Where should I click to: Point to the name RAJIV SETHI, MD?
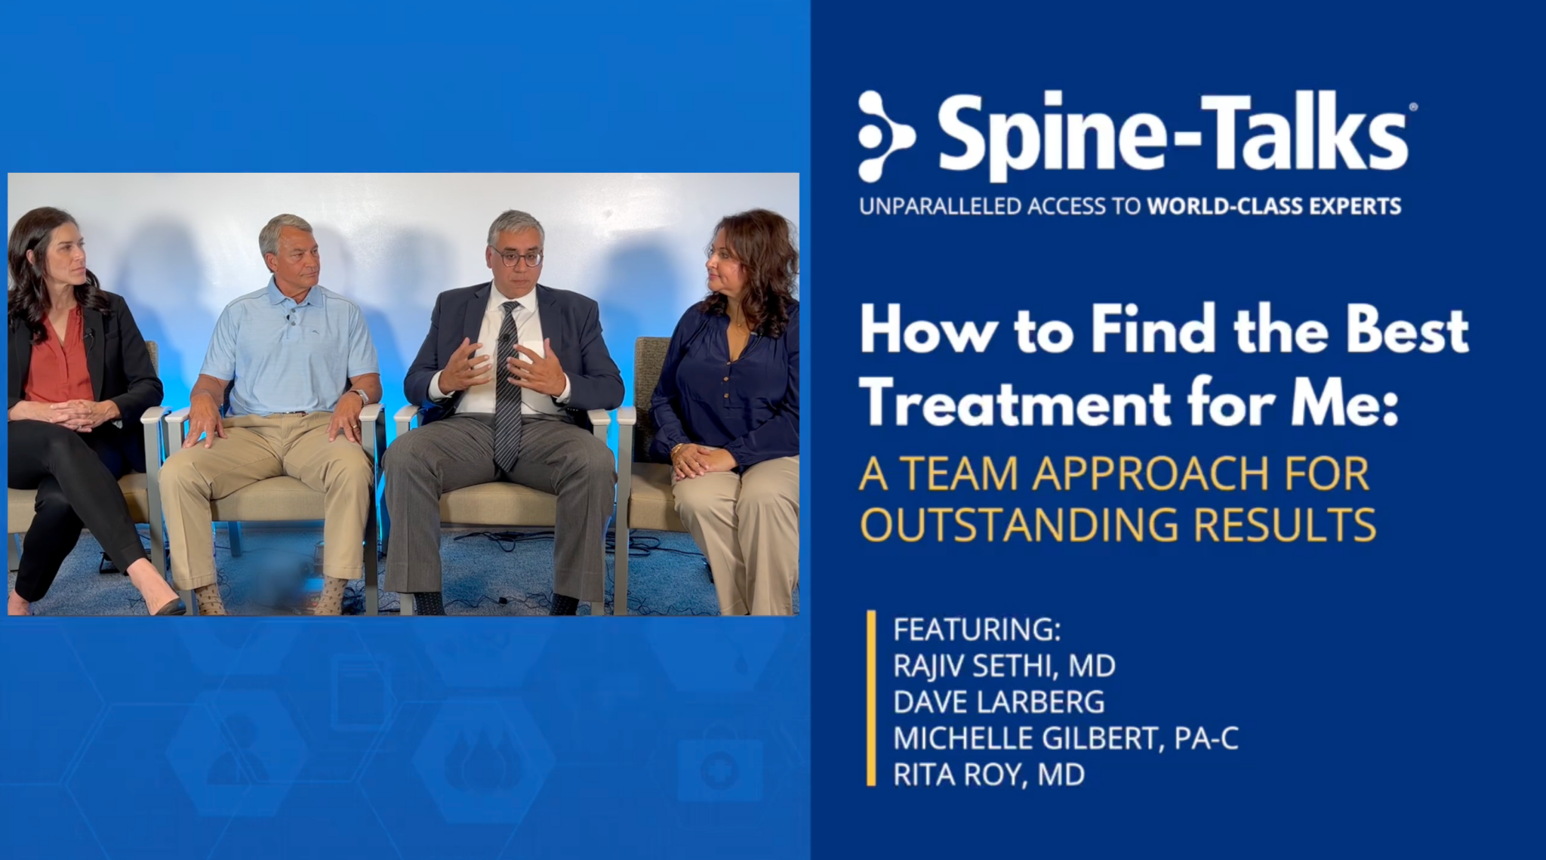[x=1004, y=666]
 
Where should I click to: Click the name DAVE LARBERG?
[x=999, y=702]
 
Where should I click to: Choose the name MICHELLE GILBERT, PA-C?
[x=1066, y=738]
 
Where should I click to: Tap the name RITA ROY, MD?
[x=989, y=775]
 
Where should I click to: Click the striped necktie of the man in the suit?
[x=507, y=385]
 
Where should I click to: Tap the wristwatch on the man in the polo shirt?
[x=359, y=396]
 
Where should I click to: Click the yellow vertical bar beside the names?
[x=872, y=698]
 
